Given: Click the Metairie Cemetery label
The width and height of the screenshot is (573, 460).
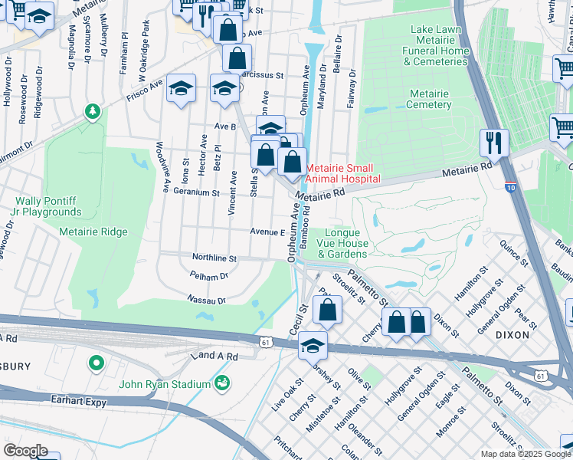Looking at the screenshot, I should (x=429, y=99).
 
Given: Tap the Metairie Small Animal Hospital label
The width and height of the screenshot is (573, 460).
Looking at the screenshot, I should (x=343, y=173).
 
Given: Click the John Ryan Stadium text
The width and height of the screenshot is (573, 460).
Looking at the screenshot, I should (x=164, y=384).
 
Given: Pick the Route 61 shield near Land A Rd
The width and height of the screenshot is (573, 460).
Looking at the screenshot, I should (x=264, y=342).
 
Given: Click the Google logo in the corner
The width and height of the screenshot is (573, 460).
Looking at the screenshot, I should (x=25, y=450).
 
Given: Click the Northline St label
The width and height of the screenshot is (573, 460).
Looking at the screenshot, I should (x=214, y=259).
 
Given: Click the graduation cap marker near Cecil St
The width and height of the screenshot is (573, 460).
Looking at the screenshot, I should (x=313, y=345).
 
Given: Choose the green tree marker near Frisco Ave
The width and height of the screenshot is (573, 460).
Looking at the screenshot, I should (x=93, y=113).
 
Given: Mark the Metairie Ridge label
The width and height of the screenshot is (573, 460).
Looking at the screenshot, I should (x=93, y=232).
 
